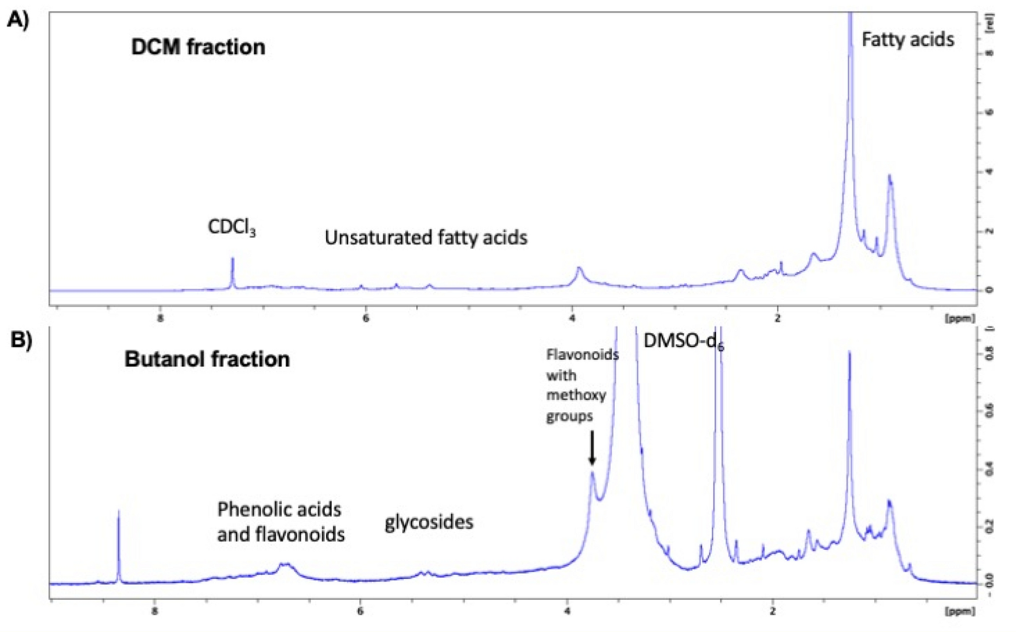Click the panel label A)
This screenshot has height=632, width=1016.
pyautogui.click(x=18, y=20)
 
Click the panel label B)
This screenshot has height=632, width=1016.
pyautogui.click(x=21, y=340)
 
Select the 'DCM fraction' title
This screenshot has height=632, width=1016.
pyautogui.click(x=198, y=47)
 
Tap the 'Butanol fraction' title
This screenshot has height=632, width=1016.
pyautogui.click(x=207, y=359)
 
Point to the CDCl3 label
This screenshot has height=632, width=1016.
pyautogui.click(x=231, y=228)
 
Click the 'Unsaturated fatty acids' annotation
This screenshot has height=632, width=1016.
pyautogui.click(x=426, y=238)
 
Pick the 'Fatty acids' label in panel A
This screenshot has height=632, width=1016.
pyautogui.click(x=908, y=40)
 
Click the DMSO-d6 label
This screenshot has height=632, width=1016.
pyautogui.click(x=683, y=342)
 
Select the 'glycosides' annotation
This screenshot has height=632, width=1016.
pyautogui.click(x=429, y=522)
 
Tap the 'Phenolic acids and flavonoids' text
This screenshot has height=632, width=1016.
pyautogui.click(x=281, y=522)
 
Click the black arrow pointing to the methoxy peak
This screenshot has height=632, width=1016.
pyautogui.click(x=592, y=448)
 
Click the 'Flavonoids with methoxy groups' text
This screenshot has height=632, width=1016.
pyautogui.click(x=581, y=385)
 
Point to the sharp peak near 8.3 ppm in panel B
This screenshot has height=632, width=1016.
pyautogui.click(x=119, y=545)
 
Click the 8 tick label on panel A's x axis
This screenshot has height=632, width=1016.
pyautogui.click(x=160, y=318)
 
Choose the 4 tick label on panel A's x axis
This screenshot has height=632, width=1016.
pyautogui.click(x=572, y=318)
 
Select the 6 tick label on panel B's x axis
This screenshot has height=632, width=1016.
pyautogui.click(x=360, y=611)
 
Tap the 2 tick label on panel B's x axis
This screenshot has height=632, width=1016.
pyautogui.click(x=773, y=611)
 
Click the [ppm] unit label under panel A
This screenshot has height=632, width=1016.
pyautogui.click(x=959, y=318)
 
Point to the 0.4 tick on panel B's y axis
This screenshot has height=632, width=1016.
pyautogui.click(x=988, y=471)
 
